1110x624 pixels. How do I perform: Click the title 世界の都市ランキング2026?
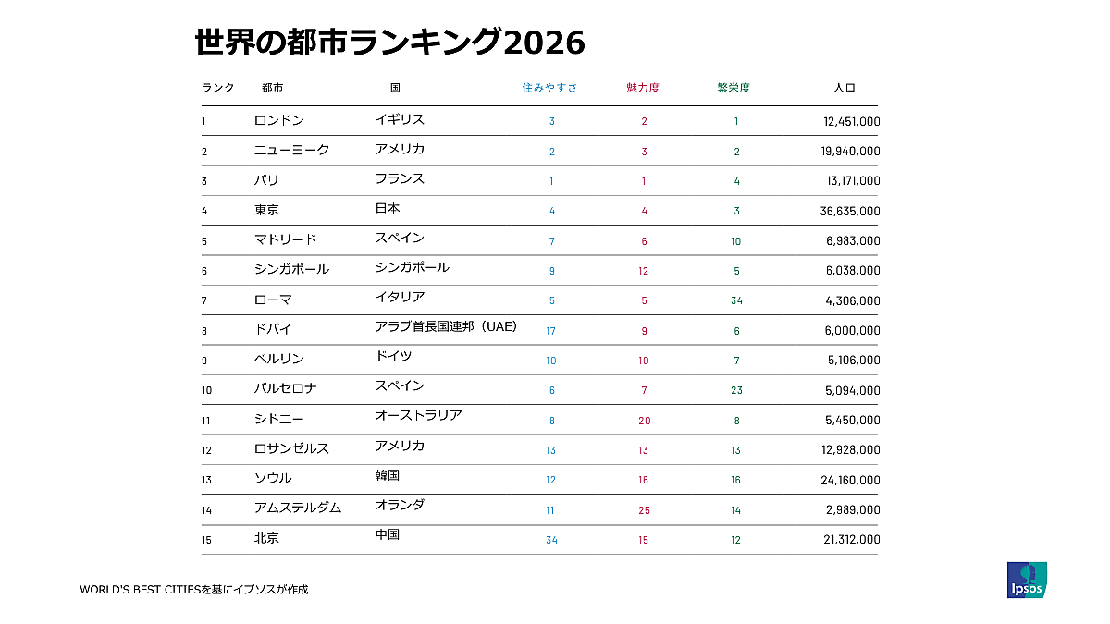coord(389,43)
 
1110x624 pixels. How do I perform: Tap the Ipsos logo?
coord(1027,580)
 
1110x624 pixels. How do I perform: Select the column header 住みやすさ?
coord(549,88)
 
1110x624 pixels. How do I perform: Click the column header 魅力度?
coord(643,88)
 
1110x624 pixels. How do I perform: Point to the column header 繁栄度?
coord(734,88)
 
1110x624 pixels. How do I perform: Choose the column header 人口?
coord(844,88)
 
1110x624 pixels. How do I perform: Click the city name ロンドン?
coord(279,120)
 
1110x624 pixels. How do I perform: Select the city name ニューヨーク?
coord(292,150)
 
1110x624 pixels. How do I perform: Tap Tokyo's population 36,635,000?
coord(849,211)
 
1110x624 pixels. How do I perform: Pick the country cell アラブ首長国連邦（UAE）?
coord(446,326)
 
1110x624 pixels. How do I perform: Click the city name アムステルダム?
coord(298,508)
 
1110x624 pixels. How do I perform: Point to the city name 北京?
coord(266,538)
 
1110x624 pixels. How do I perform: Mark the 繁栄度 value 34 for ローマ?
coord(736,300)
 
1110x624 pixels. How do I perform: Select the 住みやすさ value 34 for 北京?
coord(551,540)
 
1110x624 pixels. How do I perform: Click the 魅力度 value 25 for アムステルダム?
coord(644,510)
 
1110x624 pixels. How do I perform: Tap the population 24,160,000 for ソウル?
coord(849,481)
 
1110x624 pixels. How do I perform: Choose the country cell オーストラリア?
coord(418,416)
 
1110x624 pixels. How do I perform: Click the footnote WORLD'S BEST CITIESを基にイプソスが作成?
coord(193,589)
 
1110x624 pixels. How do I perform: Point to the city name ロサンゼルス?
coord(291,448)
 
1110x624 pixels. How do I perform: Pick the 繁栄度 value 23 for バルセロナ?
coord(736,390)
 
